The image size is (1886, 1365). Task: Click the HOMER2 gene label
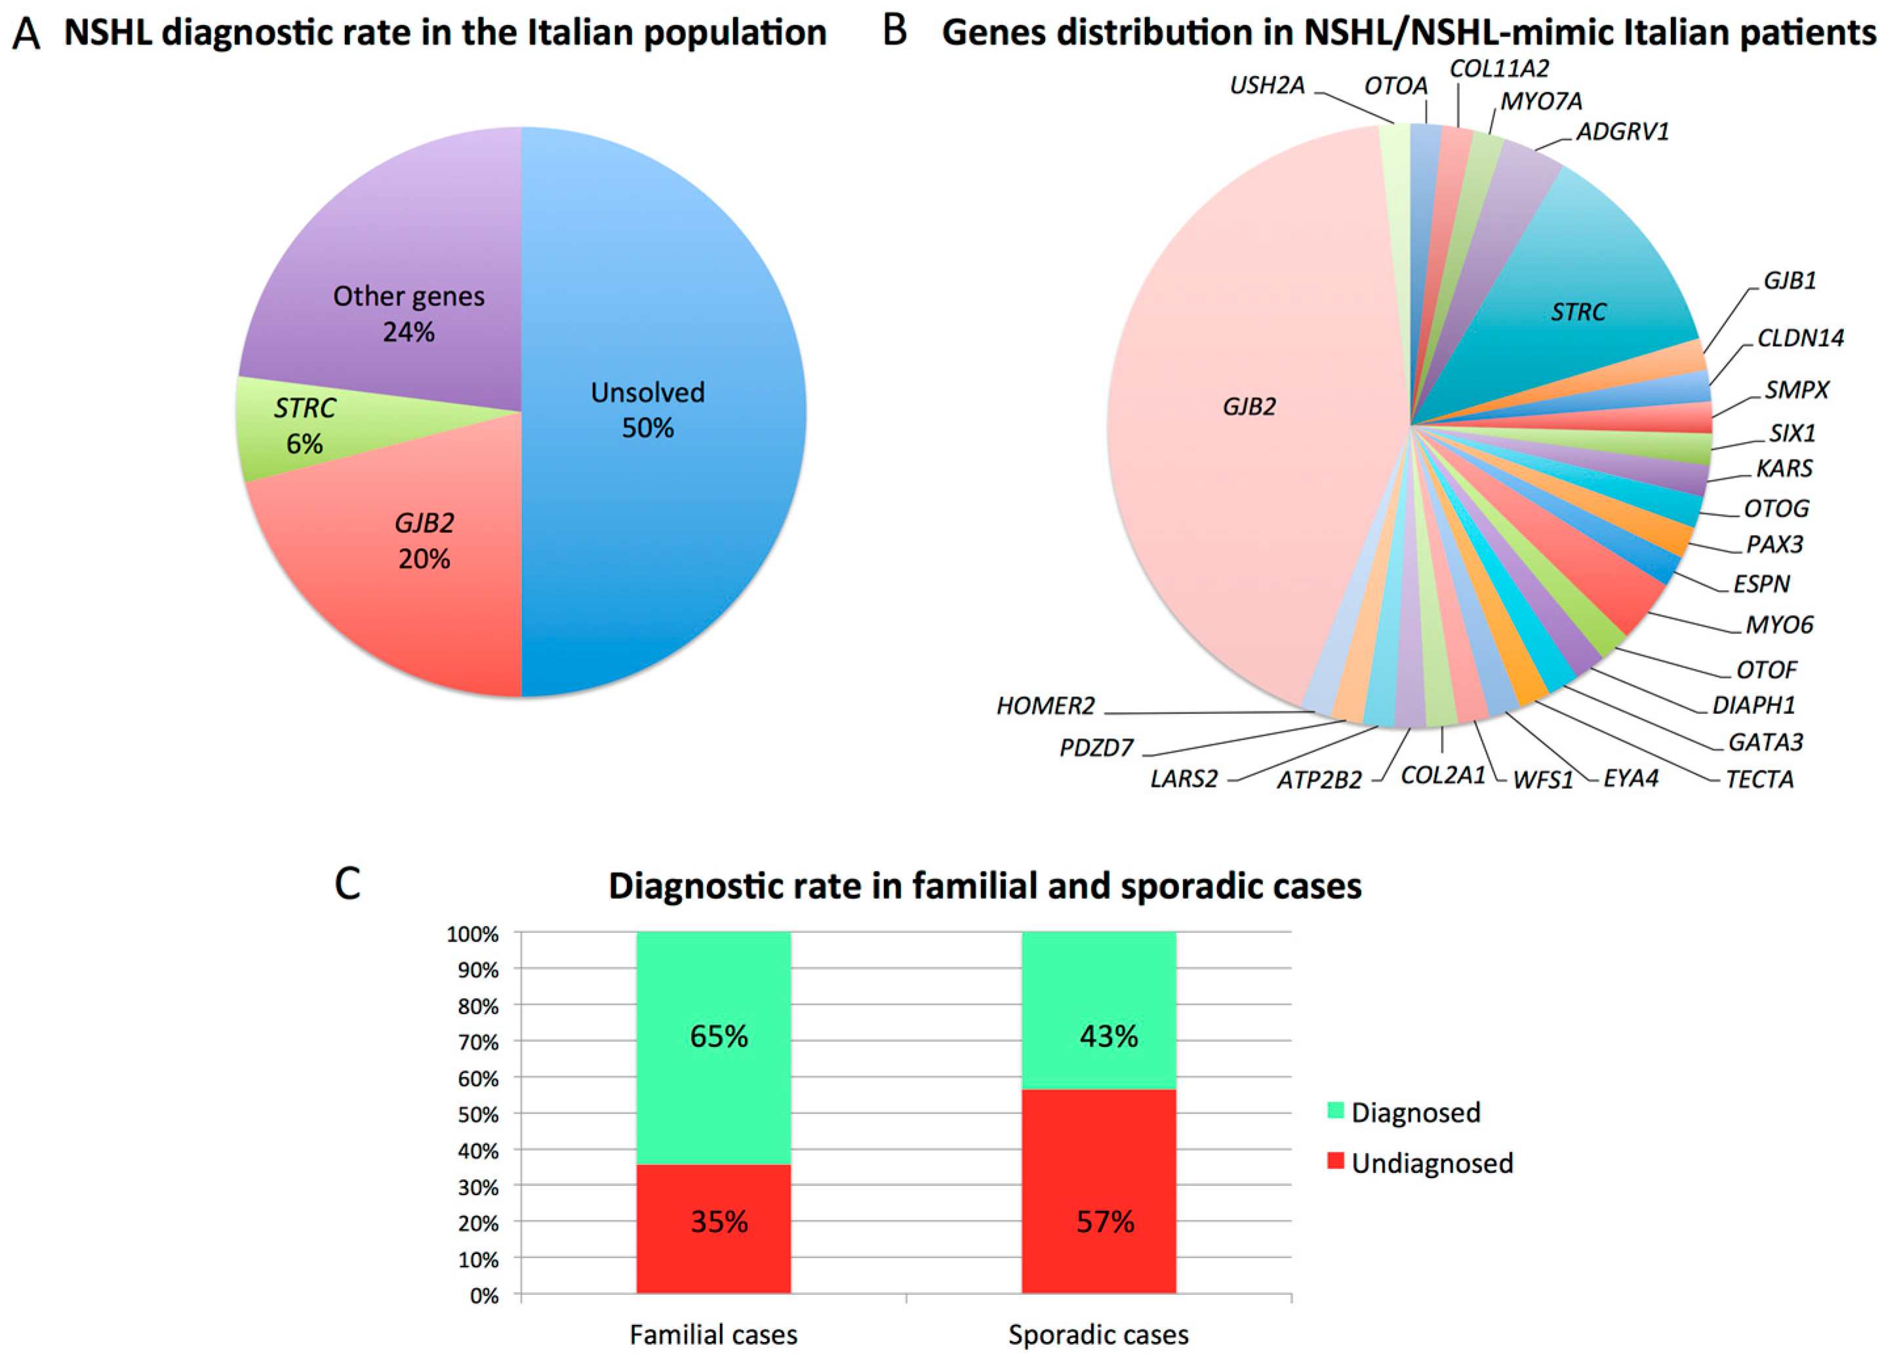coord(1045,707)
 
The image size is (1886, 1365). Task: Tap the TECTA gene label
coord(1759,780)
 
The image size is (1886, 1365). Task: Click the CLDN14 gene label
coord(1800,338)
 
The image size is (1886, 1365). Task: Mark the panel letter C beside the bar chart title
coord(347,884)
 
